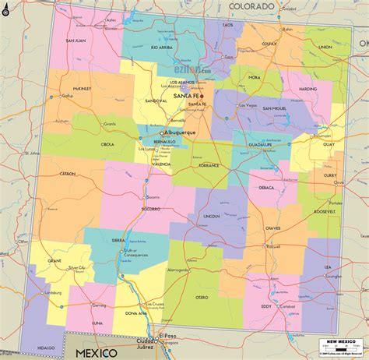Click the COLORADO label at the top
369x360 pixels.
(251, 6)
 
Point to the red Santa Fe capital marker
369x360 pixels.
(202, 97)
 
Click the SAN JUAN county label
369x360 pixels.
(76, 41)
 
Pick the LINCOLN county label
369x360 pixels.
(212, 215)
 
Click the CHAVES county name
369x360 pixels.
(273, 228)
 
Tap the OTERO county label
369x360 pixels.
(202, 297)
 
